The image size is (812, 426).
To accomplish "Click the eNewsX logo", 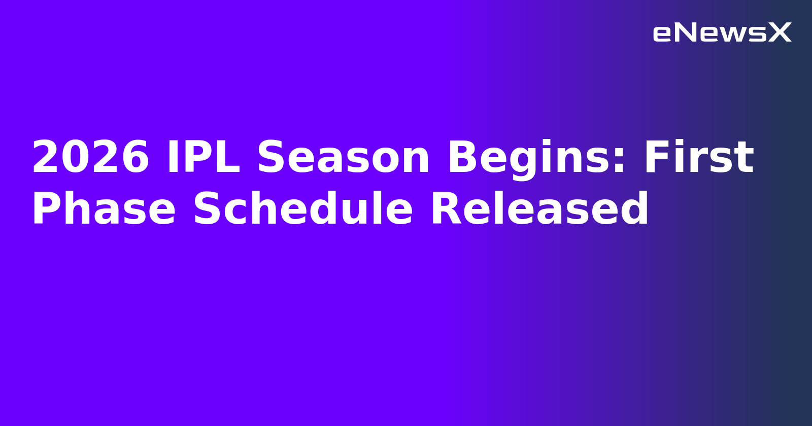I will click(x=722, y=33).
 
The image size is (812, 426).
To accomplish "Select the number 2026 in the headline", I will click(x=90, y=158).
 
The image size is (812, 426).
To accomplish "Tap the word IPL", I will click(x=203, y=158).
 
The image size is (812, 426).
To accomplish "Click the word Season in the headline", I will click(x=344, y=158).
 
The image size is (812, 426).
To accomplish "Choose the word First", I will click(x=698, y=158).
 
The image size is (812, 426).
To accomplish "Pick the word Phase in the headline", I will click(x=104, y=209).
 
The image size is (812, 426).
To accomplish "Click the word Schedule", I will click(x=303, y=209).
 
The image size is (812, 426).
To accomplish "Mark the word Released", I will click(x=539, y=209).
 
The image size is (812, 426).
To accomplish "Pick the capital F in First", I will click(x=657, y=158).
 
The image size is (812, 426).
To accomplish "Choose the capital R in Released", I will click(x=445, y=209).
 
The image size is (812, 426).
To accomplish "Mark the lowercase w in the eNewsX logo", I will click(x=734, y=34).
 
